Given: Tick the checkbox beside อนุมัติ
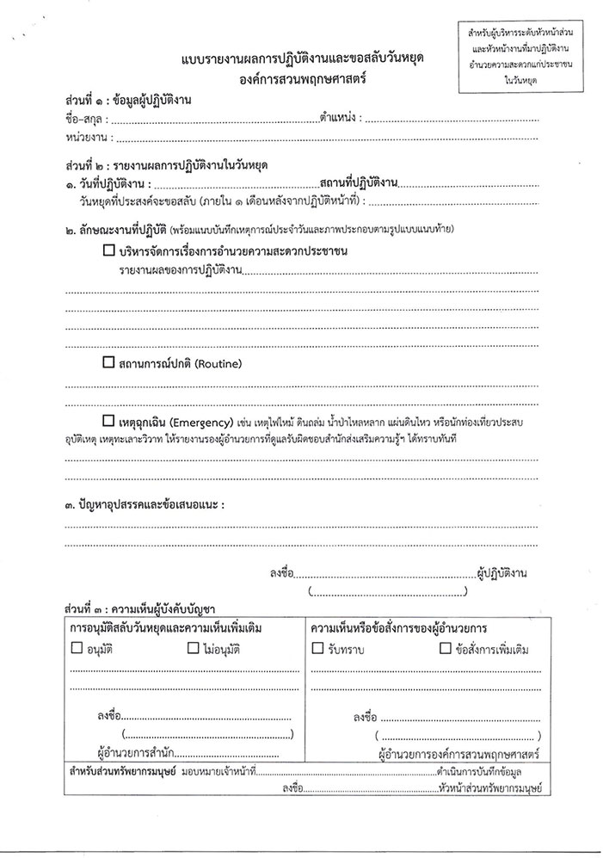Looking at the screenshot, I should [77, 648].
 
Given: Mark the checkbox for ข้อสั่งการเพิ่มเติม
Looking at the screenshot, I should [445, 648].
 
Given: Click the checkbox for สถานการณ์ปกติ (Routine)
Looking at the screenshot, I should [108, 363].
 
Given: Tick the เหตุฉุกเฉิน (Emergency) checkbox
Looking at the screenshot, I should [108, 422].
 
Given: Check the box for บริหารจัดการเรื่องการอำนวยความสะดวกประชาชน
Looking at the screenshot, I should [108, 251].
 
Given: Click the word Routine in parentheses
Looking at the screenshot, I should [218, 364].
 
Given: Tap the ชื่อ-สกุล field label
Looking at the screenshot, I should [83, 119].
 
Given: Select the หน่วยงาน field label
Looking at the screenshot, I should [85, 137].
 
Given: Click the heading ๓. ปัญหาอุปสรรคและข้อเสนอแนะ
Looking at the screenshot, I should [143, 504].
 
